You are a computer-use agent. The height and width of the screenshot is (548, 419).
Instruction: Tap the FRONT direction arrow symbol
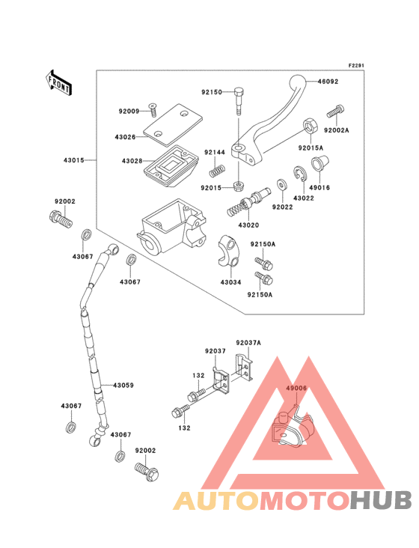[58, 81]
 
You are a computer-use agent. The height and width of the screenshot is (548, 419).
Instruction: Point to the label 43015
[73, 160]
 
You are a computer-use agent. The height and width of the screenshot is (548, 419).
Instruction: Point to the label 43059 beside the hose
[123, 386]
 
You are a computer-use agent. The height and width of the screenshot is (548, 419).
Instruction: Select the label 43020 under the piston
[249, 225]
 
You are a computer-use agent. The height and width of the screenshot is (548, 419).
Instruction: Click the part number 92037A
[248, 342]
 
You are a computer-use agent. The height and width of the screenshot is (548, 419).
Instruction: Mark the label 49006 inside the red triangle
[296, 389]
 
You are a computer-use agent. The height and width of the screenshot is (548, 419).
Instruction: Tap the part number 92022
[281, 206]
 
